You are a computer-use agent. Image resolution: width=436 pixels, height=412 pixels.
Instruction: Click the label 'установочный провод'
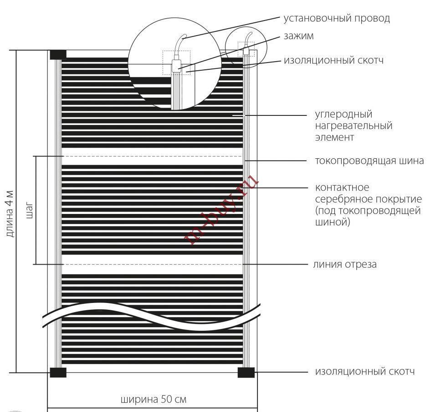[x=337, y=19]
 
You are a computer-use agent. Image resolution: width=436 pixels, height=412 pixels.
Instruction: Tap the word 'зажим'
[x=298, y=36]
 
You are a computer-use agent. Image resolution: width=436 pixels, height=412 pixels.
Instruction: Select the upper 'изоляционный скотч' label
[x=333, y=60]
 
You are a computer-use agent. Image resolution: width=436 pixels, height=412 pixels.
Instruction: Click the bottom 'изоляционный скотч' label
[x=365, y=371]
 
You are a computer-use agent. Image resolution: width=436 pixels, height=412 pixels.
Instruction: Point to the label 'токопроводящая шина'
[x=369, y=161]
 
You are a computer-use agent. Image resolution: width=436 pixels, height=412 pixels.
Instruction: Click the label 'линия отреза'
[x=345, y=265]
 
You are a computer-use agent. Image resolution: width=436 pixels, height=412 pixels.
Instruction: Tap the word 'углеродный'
[x=344, y=115]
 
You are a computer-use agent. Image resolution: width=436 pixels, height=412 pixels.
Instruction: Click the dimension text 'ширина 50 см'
[x=154, y=400]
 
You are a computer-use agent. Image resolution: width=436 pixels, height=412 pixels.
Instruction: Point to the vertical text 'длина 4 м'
[x=10, y=214]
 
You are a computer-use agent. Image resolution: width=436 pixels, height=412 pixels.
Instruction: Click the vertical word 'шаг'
[x=29, y=210]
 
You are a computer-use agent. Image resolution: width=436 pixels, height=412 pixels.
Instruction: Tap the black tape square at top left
[x=58, y=55]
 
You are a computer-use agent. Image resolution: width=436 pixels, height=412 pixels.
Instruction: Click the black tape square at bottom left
[x=58, y=372]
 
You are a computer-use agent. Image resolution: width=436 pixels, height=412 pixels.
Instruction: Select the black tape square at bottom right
[x=246, y=372]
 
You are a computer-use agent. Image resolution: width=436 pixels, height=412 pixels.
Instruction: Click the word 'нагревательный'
[x=354, y=126]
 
